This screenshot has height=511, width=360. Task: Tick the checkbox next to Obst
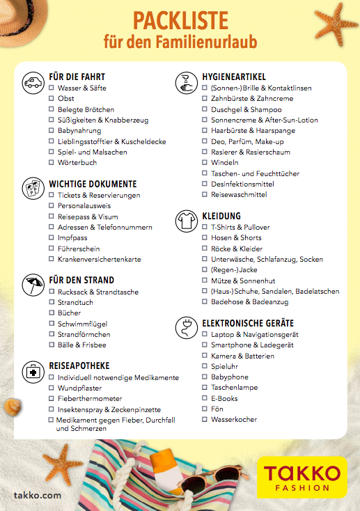click(x=52, y=99)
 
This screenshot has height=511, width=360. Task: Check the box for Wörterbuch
click(x=52, y=163)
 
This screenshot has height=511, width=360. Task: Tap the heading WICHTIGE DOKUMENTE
click(x=93, y=184)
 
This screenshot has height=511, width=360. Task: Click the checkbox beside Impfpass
click(x=52, y=238)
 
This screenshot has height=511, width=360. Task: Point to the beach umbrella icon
click(x=32, y=285)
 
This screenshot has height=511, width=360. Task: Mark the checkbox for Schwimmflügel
click(x=52, y=324)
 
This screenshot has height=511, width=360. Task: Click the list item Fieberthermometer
click(x=88, y=399)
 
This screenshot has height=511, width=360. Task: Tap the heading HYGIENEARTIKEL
click(x=233, y=77)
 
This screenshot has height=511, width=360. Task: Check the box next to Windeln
click(x=205, y=163)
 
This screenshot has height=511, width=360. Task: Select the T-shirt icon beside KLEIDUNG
click(x=186, y=220)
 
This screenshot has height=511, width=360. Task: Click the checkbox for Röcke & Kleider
click(x=205, y=249)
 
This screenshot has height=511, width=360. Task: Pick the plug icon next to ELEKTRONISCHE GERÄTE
click(x=186, y=327)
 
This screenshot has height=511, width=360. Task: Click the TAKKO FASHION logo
click(x=302, y=476)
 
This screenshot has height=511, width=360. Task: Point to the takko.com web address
click(x=38, y=496)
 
